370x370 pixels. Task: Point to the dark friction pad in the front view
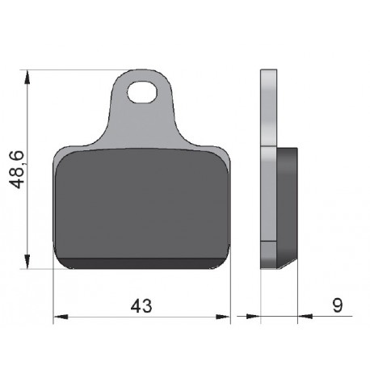141,202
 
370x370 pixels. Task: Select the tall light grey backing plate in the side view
268,170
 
